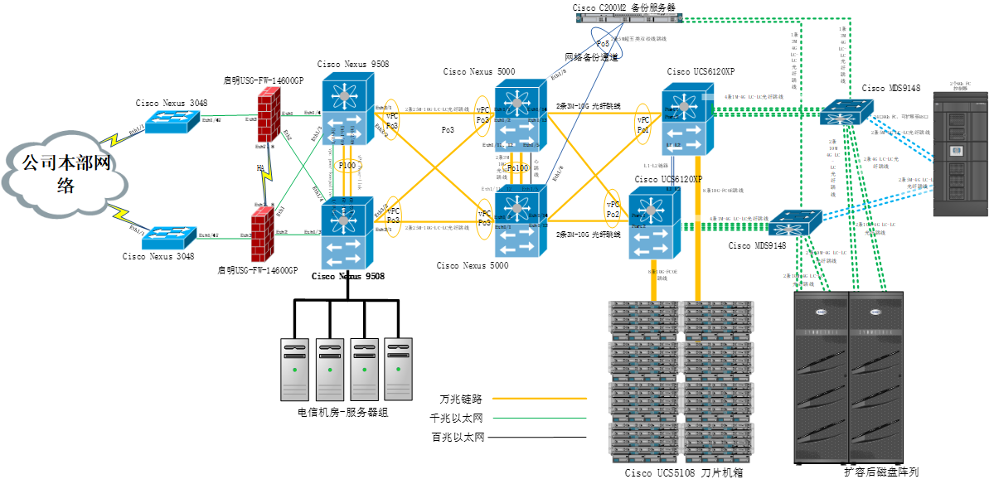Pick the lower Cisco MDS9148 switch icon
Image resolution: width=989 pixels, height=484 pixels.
[x=795, y=222]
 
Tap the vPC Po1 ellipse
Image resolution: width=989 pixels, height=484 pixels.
[x=642, y=124]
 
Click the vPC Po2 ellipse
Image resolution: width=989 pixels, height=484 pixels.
[x=613, y=209]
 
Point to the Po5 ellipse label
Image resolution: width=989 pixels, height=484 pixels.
[x=603, y=43]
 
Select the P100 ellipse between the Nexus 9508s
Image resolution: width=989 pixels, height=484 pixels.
[x=347, y=166]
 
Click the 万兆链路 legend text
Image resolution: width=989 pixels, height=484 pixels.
[x=461, y=399]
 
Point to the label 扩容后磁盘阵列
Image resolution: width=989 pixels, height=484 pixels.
[x=881, y=472]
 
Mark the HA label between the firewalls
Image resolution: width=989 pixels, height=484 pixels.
[x=260, y=168]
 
